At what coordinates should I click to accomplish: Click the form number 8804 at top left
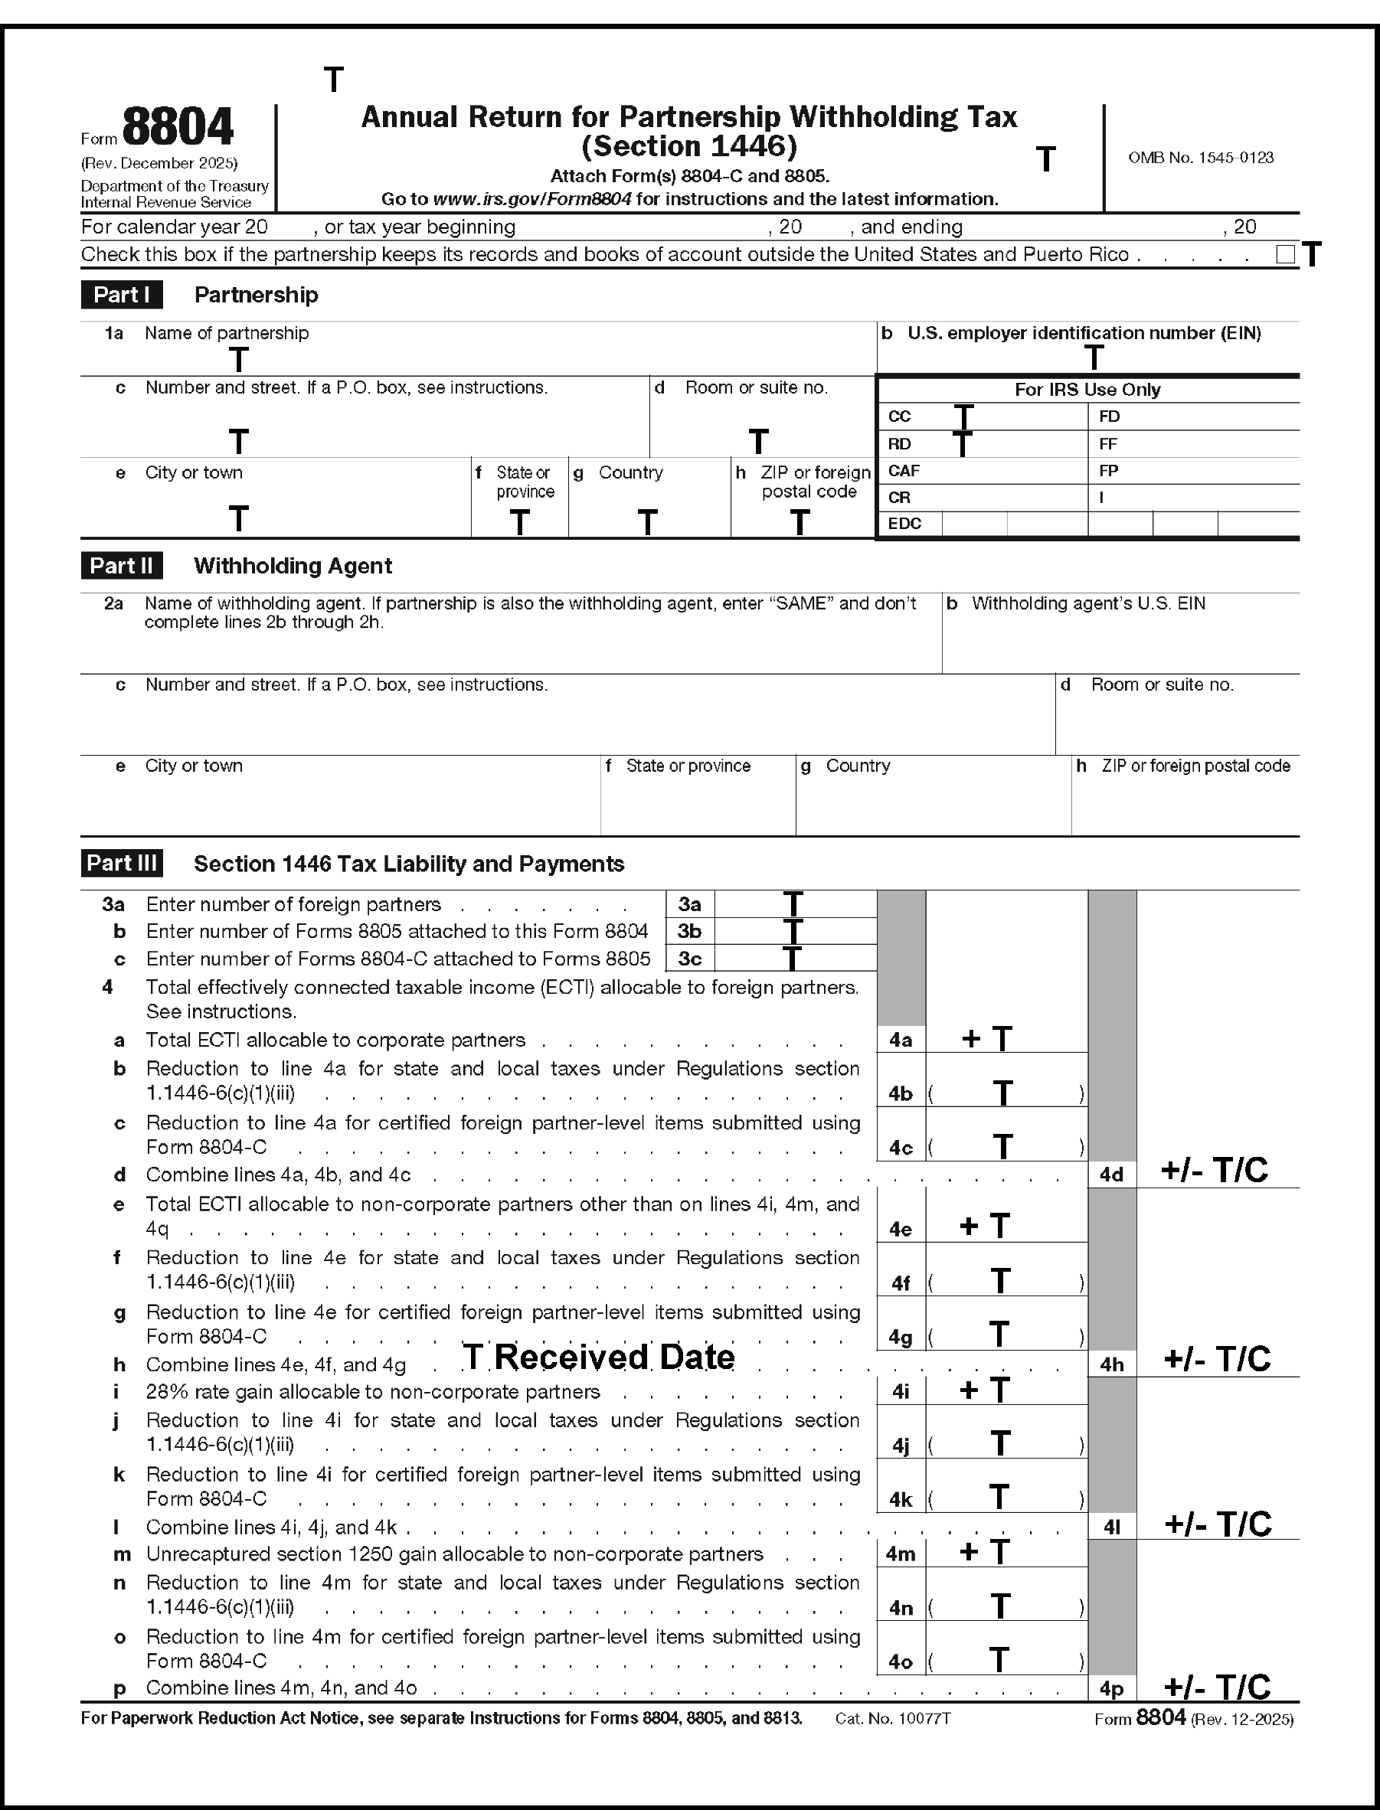(x=178, y=127)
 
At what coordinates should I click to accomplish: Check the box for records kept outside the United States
(x=1286, y=255)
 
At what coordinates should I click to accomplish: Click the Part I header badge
(x=122, y=295)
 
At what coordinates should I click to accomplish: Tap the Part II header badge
(x=122, y=566)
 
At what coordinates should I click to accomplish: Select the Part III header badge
(x=122, y=863)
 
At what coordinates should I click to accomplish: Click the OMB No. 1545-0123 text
(x=1200, y=158)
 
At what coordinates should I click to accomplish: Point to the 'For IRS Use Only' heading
(x=1087, y=390)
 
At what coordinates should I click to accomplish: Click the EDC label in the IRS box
(x=904, y=524)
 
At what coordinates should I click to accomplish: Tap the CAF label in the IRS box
(x=904, y=471)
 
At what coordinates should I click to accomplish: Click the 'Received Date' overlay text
(x=613, y=1357)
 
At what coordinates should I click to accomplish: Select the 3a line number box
(x=689, y=904)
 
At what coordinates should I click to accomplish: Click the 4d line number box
(x=1111, y=1175)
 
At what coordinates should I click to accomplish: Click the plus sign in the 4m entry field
(x=970, y=1552)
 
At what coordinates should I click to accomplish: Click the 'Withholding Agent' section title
(x=293, y=566)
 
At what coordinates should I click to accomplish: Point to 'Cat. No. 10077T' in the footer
(x=892, y=1718)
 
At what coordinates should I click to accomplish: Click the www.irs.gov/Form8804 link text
(x=531, y=199)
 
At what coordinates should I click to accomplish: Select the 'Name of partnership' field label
(x=227, y=333)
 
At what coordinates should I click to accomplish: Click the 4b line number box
(x=901, y=1094)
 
